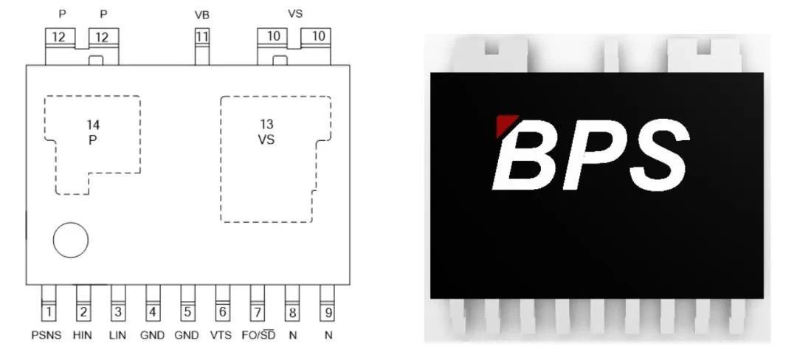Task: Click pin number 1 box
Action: pos(49,313)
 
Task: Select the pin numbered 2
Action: pos(83,313)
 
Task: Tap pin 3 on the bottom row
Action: pos(118,313)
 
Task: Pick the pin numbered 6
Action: pos(222,313)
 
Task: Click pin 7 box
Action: pos(257,313)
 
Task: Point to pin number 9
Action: pos(326,313)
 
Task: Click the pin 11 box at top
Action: pos(201,36)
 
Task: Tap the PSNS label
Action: pos(46,335)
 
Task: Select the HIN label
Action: pos(83,335)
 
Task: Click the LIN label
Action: pos(117,335)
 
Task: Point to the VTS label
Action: pos(221,335)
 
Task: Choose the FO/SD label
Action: pos(258,334)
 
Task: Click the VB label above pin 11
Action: pos(201,15)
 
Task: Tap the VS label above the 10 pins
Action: pos(294,13)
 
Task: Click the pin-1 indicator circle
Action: pos(71,240)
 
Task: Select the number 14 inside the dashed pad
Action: pos(93,125)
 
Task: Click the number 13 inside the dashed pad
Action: pos(266,124)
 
